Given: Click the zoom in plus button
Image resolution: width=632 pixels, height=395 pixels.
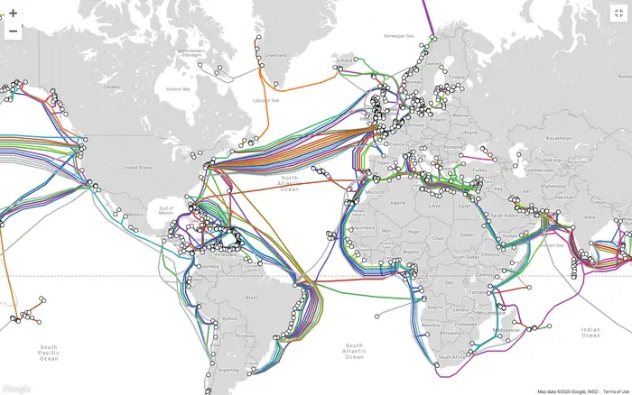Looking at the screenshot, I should [x=14, y=14].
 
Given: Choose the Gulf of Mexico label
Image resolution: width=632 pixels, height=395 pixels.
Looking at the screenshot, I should [x=165, y=209].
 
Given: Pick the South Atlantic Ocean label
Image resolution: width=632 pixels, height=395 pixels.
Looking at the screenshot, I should [x=355, y=351].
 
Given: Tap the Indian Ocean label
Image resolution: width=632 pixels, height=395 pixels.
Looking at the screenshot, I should [x=590, y=333].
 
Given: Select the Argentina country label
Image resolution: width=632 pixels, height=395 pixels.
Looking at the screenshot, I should [x=229, y=370].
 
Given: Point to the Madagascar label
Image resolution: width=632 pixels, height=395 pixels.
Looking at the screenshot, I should [x=516, y=318].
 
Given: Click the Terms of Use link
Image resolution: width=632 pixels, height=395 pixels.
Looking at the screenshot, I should [x=617, y=391].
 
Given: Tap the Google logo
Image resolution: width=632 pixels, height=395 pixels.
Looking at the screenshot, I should [x=15, y=389].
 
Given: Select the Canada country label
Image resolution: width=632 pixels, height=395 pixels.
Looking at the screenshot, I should [x=111, y=87].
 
